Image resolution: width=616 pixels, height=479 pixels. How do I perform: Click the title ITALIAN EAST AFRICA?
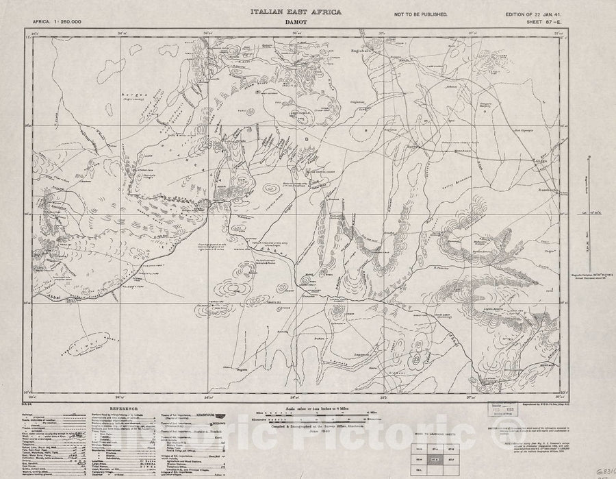click(295, 12)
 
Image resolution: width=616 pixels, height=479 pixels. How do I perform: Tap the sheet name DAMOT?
click(296, 23)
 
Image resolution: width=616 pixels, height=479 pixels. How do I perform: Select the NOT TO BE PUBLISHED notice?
click(421, 14)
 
